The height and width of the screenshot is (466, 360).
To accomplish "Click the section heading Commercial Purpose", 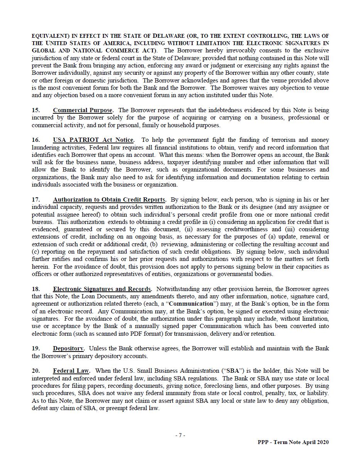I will click(x=83, y=110).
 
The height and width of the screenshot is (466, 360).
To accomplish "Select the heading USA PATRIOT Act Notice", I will click(x=94, y=140).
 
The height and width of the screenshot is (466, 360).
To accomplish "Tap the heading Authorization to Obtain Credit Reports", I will click(x=110, y=200).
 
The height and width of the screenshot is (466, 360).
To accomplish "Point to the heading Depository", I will click(x=68, y=348).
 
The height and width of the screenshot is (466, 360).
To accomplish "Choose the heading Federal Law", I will click(x=71, y=371).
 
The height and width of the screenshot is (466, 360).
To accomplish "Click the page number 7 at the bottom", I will click(x=180, y=435).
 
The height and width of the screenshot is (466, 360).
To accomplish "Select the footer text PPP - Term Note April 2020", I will click(x=293, y=442).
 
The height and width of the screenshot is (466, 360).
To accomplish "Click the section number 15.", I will click(x=36, y=110).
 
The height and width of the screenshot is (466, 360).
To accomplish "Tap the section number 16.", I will click(x=36, y=140).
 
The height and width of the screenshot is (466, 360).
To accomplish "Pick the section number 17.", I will click(x=36, y=200).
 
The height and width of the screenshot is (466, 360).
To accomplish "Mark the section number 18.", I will click(x=36, y=289).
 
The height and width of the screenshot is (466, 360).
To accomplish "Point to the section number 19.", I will click(x=36, y=348).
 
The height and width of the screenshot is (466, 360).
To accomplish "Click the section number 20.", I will click(x=36, y=371).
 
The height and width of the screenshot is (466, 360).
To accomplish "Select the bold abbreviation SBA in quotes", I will click(x=233, y=371).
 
